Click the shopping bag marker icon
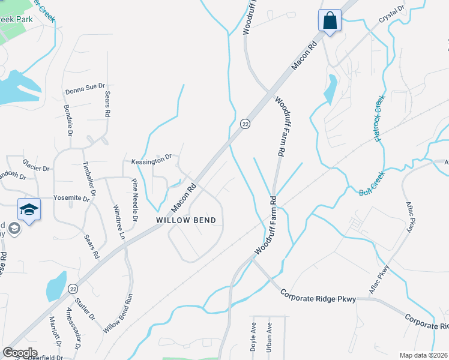click(330, 20)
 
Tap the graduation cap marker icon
click(29, 209)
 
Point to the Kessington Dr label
click(151, 162)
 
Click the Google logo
click(19, 353)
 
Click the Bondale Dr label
click(68, 119)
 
